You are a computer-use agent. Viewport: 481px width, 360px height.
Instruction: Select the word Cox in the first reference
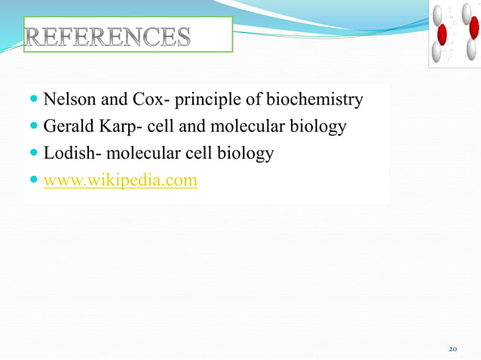pyautogui.click(x=155, y=99)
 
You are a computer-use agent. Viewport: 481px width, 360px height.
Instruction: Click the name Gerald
pyautogui.click(x=67, y=127)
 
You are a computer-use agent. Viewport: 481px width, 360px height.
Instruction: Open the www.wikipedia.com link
pyautogui.click(x=121, y=181)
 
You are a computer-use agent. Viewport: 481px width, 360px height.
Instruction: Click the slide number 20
pyautogui.click(x=453, y=349)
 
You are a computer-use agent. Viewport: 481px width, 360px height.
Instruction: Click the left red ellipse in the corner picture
pyautogui.click(x=443, y=34)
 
